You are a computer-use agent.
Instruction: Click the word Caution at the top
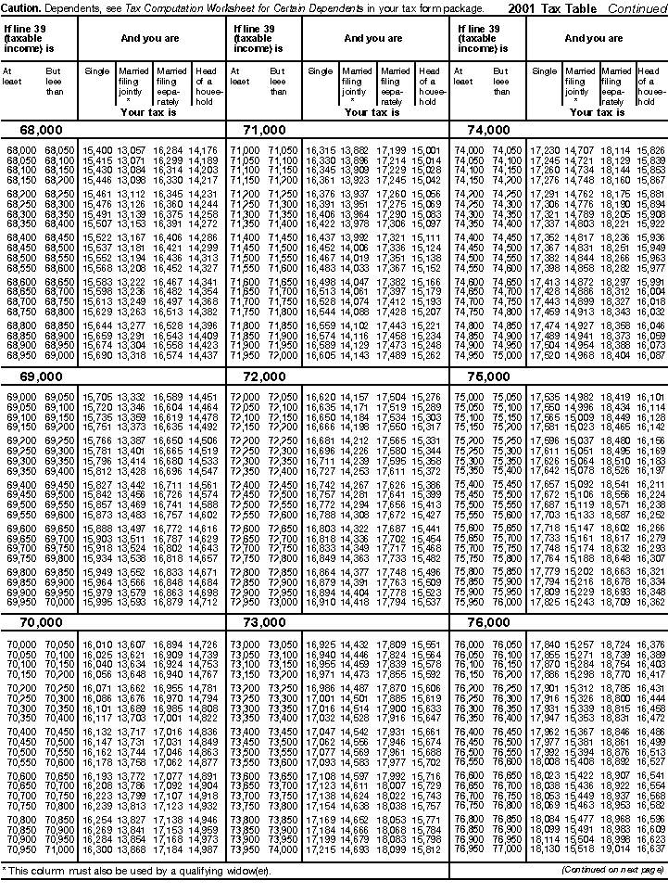[x=21, y=7]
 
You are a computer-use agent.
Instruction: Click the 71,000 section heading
[x=260, y=131]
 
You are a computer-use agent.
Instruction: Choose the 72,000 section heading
[x=260, y=377]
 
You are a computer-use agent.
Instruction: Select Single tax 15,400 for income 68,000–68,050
[x=97, y=149]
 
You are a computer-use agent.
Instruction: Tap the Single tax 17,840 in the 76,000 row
[x=544, y=644]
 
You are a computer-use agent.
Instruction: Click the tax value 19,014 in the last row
[x=617, y=848]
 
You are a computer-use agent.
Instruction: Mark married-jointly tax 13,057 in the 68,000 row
[x=132, y=149]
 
